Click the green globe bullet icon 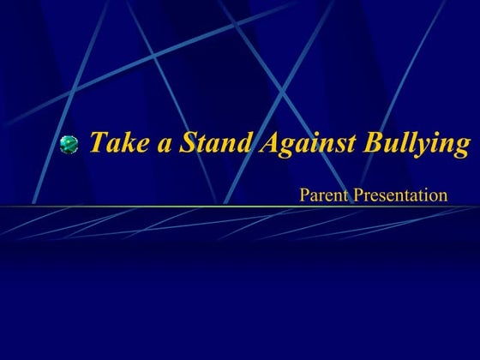point(69,145)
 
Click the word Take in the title point(119,142)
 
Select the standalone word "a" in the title point(164,144)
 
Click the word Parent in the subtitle point(321,195)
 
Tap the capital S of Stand point(186,142)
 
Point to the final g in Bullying point(463,147)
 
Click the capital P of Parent point(304,195)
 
